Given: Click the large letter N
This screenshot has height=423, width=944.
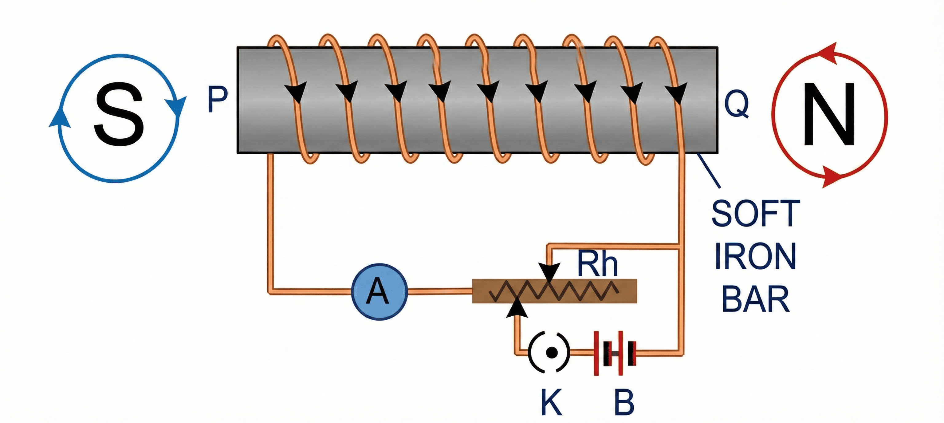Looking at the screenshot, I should pyautogui.click(x=829, y=114).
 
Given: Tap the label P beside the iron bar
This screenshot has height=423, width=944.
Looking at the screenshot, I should pyautogui.click(x=217, y=99).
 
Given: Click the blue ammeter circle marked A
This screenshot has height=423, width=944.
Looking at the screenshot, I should pyautogui.click(x=379, y=291).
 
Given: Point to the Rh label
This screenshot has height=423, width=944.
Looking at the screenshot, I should pyautogui.click(x=597, y=264).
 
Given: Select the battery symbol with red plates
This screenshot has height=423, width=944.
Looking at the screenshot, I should pyautogui.click(x=615, y=353).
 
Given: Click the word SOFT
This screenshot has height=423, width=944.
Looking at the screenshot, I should pyautogui.click(x=756, y=214).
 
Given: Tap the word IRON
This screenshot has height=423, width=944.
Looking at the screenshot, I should pyautogui.click(x=755, y=257).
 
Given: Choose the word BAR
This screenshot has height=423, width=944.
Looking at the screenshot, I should pyautogui.click(x=756, y=299).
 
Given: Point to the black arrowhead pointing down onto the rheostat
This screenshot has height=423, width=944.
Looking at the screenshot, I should pyautogui.click(x=549, y=271).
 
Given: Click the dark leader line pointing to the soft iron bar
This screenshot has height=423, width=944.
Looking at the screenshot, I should pyautogui.click(x=709, y=170).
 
